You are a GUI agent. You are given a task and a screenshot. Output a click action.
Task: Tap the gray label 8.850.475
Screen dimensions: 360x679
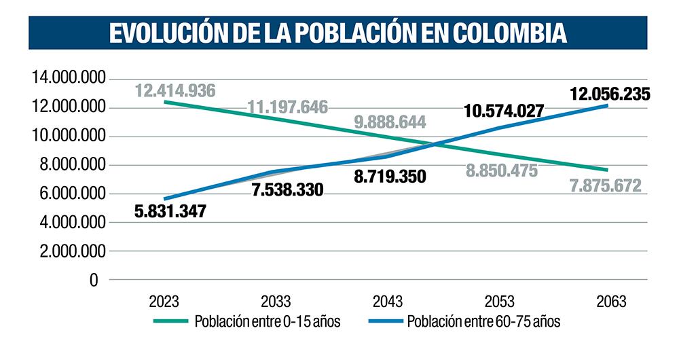click(502, 170)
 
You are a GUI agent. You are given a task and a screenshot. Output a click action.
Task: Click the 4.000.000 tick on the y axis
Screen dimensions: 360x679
click(71, 222)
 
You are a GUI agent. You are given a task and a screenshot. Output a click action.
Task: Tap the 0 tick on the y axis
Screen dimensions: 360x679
click(93, 280)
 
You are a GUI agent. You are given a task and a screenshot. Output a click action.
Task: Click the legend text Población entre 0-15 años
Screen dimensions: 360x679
click(267, 322)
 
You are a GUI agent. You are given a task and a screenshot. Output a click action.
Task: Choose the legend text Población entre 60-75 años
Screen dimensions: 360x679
click(483, 322)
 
